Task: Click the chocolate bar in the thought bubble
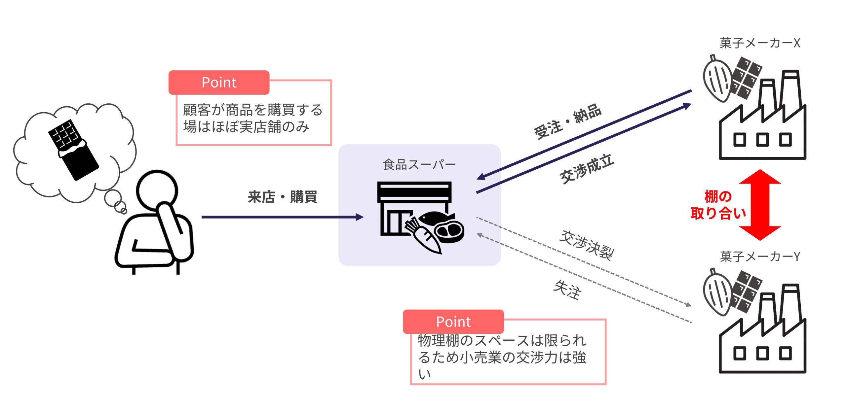pos(73,150)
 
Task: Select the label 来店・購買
pos(283,197)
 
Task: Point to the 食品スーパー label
pos(419,164)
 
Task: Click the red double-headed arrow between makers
pos(760,205)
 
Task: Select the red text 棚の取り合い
pos(718,205)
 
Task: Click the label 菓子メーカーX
pos(760,43)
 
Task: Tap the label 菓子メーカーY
pos(760,256)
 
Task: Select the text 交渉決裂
pos(586,245)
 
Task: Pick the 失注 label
pos(567,290)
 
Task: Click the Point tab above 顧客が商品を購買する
pos(219,83)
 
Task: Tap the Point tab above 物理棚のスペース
pos(453,322)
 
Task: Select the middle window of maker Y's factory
pos(762,354)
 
